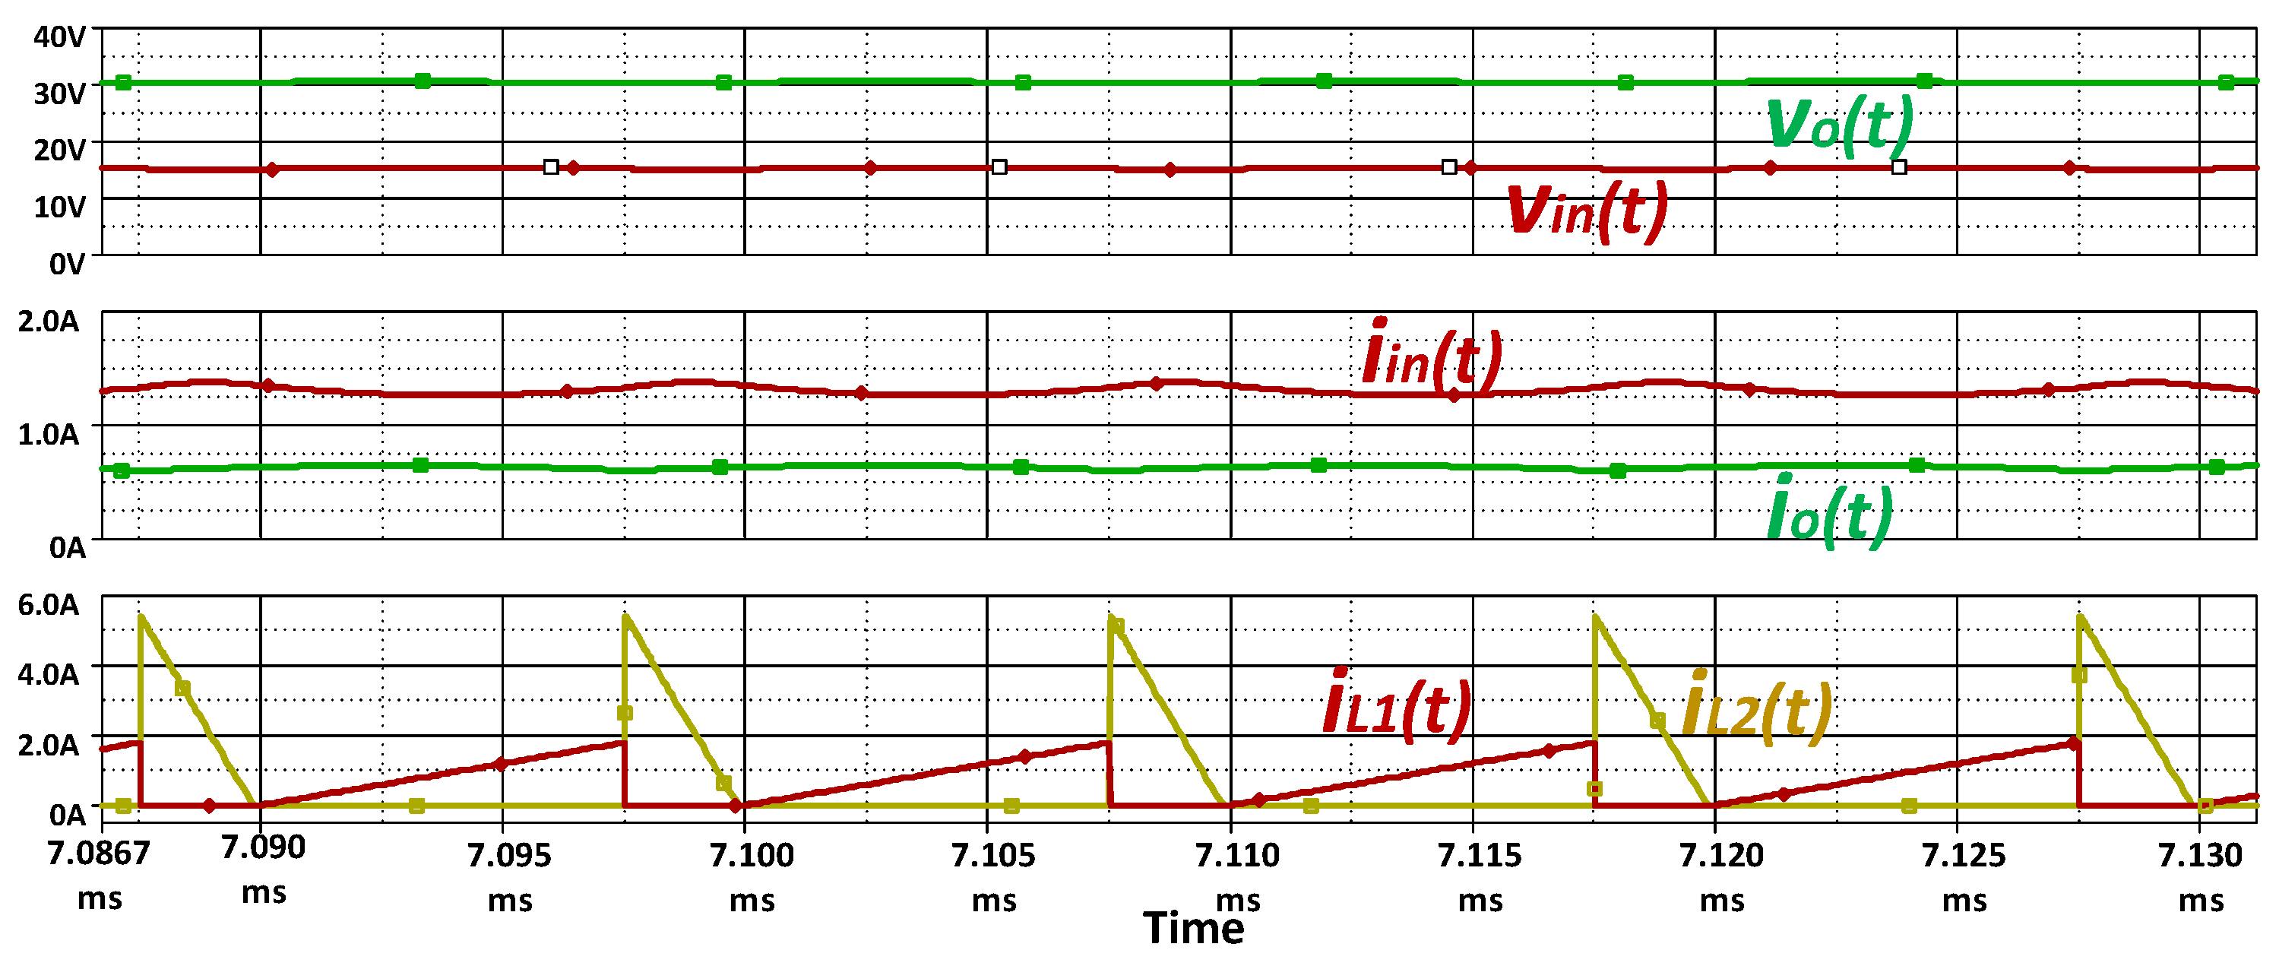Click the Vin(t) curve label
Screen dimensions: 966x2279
pyautogui.click(x=1585, y=211)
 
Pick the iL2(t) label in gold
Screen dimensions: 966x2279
pyautogui.click(x=1755, y=708)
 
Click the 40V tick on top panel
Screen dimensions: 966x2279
pyautogui.click(x=60, y=37)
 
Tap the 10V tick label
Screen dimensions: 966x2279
pyautogui.click(x=60, y=208)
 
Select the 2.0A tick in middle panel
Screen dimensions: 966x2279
pyautogui.click(x=49, y=322)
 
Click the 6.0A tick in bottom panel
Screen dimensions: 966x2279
pyautogui.click(x=49, y=606)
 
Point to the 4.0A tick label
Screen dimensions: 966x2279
pyautogui.click(x=49, y=675)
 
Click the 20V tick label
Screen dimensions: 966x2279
pyautogui.click(x=60, y=150)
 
